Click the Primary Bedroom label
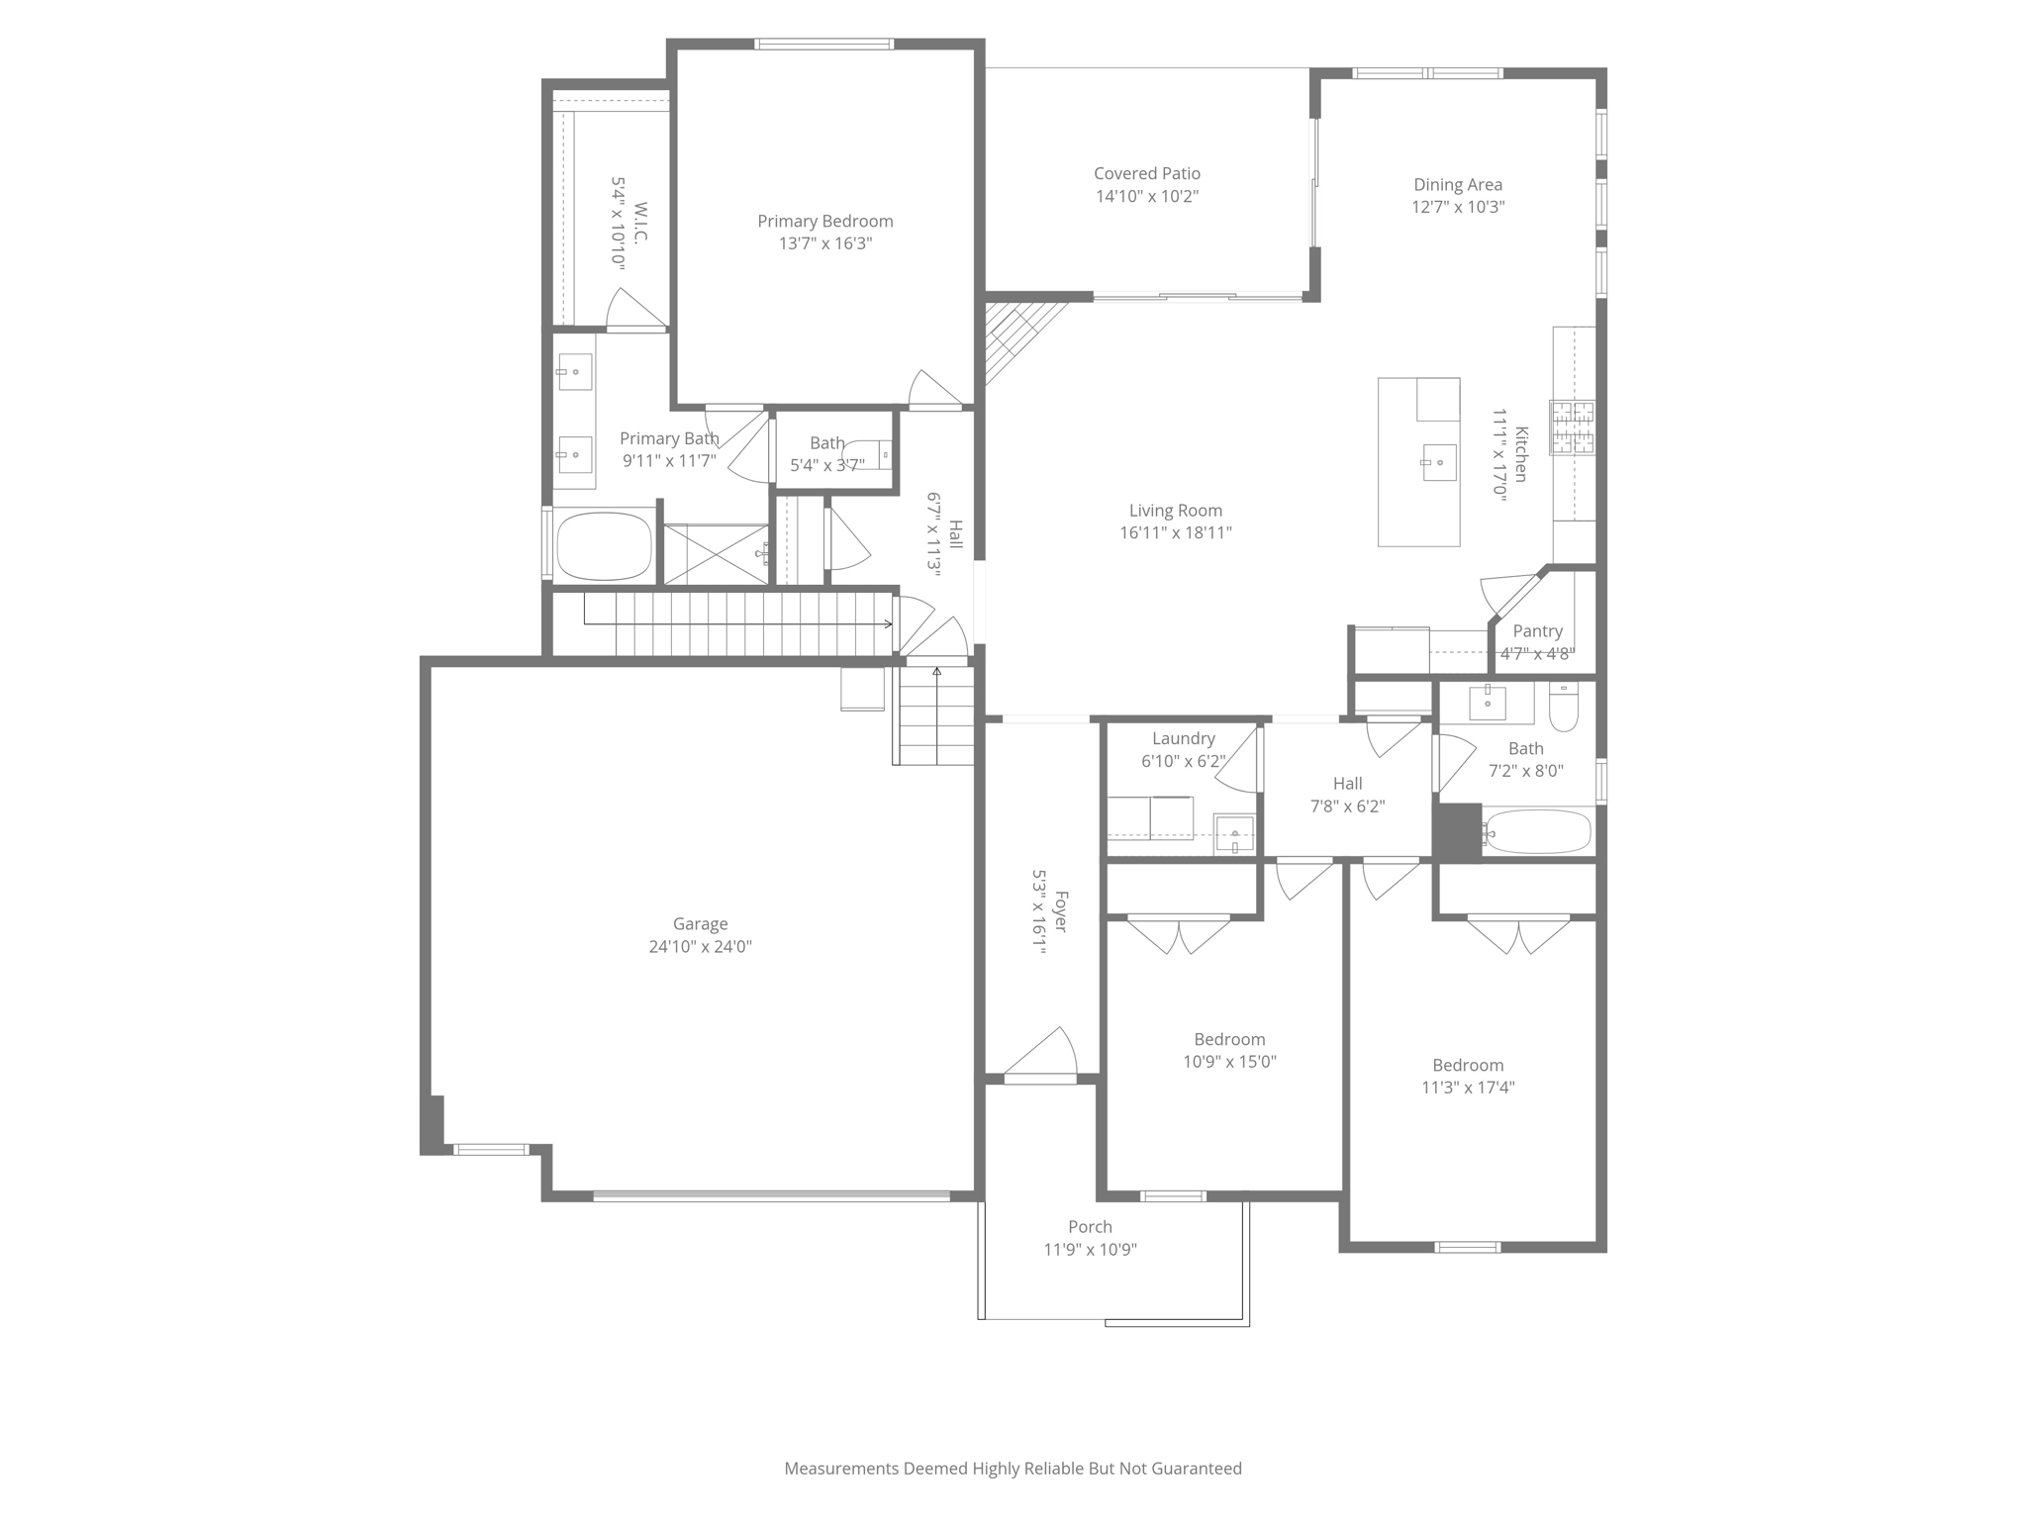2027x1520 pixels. pos(824,222)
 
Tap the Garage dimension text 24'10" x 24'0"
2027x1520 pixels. pos(700,946)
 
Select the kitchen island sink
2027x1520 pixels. pos(1439,462)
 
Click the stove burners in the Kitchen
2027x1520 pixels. pos(1572,427)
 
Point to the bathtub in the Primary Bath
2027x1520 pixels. pos(604,545)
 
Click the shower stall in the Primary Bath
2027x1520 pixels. pos(715,554)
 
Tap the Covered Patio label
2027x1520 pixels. pos(1146,173)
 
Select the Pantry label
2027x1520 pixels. pos(1537,631)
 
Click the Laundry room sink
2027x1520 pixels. pos(1233,832)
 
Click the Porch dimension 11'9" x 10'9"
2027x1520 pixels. pos(1090,1250)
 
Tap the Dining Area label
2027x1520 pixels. pos(1457,184)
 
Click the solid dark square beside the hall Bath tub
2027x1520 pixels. pos(1457,831)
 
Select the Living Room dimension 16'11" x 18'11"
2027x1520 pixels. pos(1175,532)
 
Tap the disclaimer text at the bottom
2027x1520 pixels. pos(1013,1469)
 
